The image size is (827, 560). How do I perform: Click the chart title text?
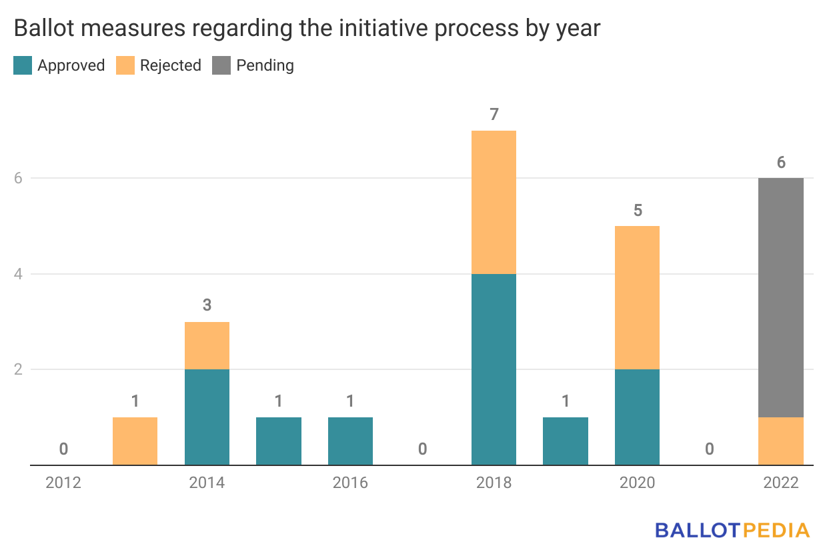pos(306,29)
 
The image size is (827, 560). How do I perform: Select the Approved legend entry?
pos(59,65)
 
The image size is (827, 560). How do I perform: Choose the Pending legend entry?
pos(253,65)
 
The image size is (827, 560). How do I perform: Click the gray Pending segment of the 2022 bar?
pos(780,297)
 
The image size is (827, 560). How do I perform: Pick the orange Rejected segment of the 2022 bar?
pos(780,441)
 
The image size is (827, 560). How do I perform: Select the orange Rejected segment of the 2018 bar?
pos(494,202)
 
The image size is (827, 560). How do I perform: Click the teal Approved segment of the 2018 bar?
pos(494,369)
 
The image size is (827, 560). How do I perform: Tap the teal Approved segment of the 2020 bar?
pos(637,417)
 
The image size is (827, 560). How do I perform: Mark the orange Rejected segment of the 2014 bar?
pos(207,345)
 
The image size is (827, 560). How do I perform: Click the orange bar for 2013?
pos(135,441)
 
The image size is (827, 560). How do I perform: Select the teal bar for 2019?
pos(565,441)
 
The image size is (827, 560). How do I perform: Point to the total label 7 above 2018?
pos(494,115)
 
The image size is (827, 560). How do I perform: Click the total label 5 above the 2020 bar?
pos(637,210)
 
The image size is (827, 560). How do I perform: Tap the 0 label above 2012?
pos(63,449)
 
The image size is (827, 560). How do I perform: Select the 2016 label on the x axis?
pos(350,483)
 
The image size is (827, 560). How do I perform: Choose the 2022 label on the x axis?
pos(780,483)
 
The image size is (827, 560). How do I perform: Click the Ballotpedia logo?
pos(732,530)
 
